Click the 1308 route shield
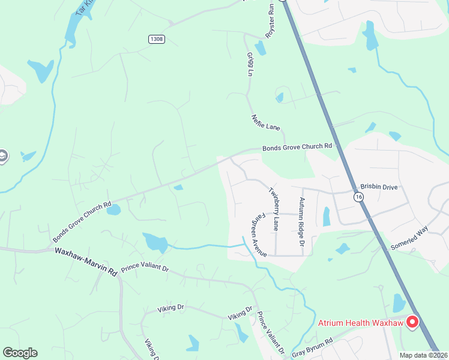156,39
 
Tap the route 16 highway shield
358,197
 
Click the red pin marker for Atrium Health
412,322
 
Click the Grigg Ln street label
250,64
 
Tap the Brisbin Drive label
379,187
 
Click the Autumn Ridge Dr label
302,221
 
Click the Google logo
20,353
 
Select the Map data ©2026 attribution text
424,355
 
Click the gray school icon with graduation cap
2,156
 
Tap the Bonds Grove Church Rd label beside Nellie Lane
297,146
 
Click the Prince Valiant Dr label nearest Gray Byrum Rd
271,332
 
